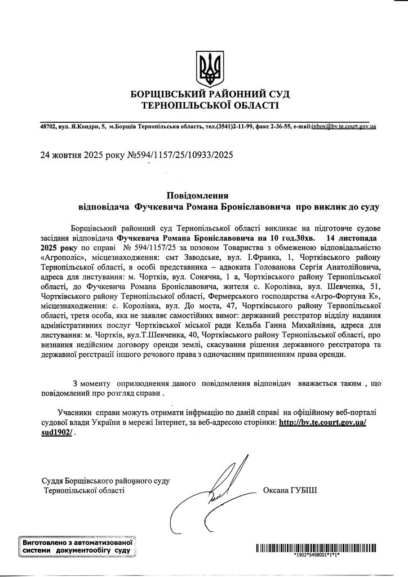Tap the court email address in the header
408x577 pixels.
click(x=344, y=126)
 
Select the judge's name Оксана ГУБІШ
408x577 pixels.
click(x=290, y=490)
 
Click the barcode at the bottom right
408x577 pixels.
click(x=316, y=547)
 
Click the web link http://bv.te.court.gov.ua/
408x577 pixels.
click(x=323, y=422)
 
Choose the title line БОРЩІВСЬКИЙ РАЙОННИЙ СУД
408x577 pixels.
click(x=210, y=94)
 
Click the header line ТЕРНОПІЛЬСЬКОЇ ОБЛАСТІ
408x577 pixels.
click(x=210, y=105)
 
